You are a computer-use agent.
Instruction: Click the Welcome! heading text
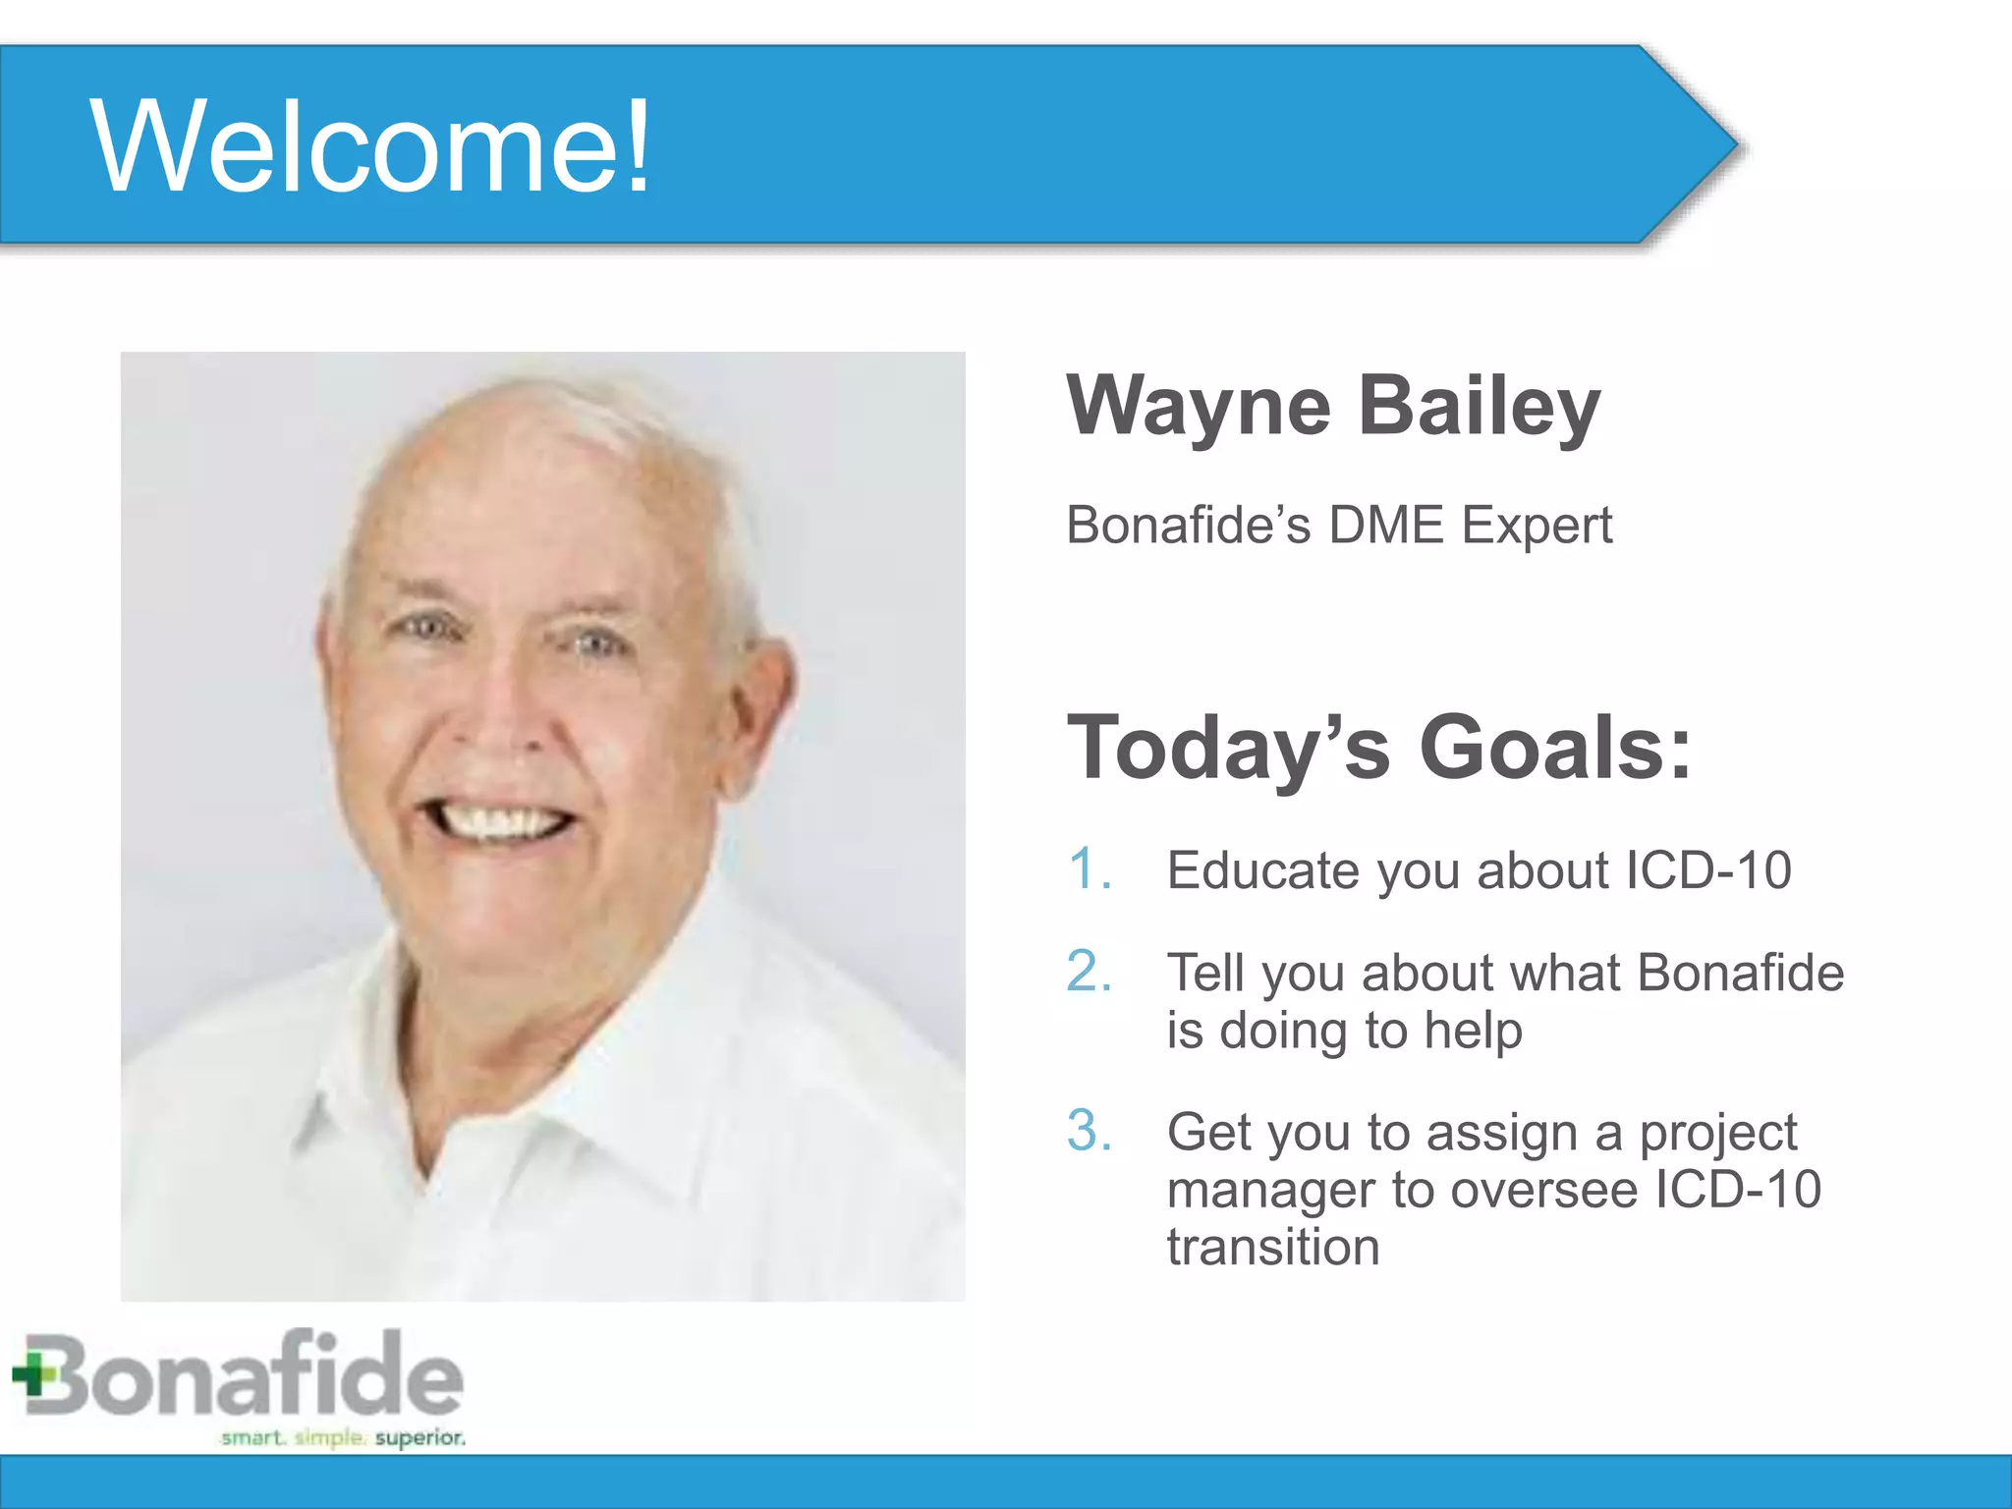(369, 147)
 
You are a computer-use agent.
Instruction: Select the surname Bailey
(1480, 407)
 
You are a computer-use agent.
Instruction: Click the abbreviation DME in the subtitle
(1386, 525)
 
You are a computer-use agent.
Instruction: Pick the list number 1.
(1089, 870)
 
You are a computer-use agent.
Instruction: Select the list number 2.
(1089, 972)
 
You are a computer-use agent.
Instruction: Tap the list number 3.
(1089, 1131)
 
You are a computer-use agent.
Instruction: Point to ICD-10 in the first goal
(1707, 870)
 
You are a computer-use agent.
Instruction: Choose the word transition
(1273, 1248)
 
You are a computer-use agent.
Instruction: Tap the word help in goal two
(1473, 1032)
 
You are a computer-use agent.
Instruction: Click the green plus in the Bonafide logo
(34, 1374)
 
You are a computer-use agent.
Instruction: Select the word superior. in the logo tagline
(420, 1438)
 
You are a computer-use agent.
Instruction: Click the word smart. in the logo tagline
(252, 1438)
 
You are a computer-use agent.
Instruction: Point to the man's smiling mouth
(496, 817)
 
